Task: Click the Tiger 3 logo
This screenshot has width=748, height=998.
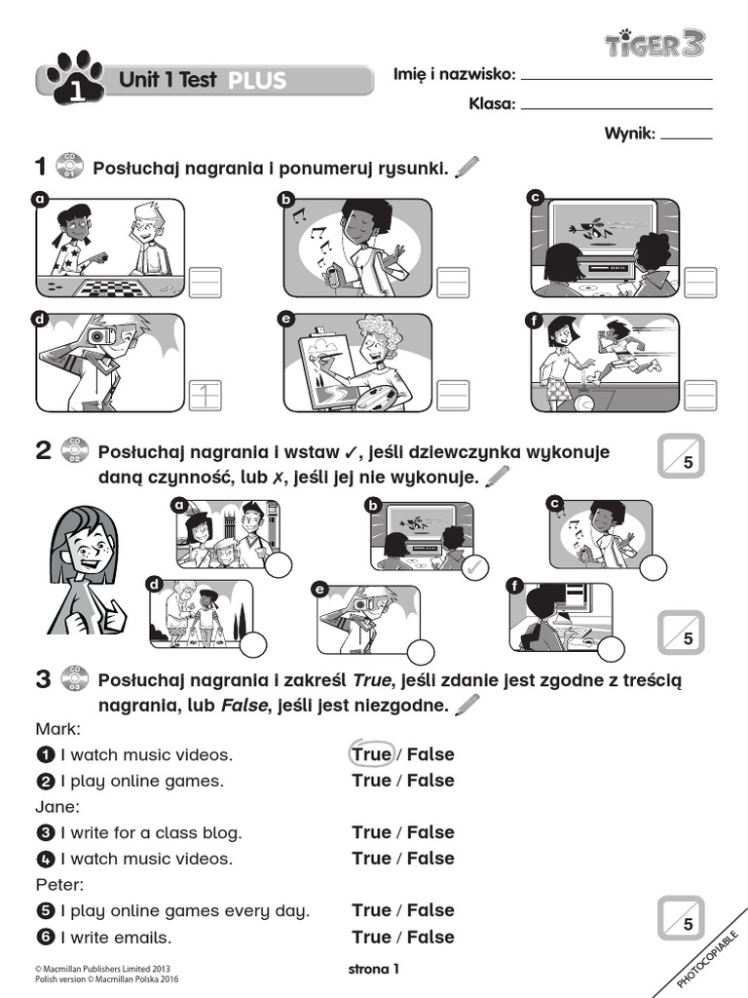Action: (654, 43)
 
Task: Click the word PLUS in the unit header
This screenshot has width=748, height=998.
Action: (257, 81)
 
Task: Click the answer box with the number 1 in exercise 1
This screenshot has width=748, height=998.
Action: (205, 395)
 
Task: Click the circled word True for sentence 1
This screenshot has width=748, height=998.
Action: (371, 754)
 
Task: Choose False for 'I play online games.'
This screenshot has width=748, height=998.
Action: (430, 781)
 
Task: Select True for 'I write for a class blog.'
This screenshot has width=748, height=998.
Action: (371, 832)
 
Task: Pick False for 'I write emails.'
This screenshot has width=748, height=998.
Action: (430, 937)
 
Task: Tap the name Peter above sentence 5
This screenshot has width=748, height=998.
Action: (58, 885)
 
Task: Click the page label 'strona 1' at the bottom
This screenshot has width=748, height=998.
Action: (374, 969)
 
